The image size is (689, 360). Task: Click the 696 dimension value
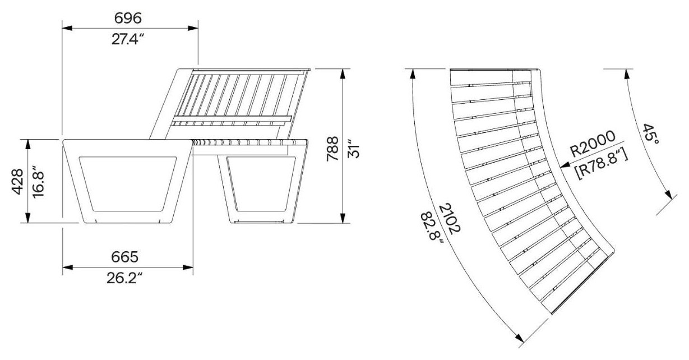[x=128, y=18]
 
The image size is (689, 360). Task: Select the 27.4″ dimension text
[x=128, y=39]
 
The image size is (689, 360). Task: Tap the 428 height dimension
[x=17, y=182]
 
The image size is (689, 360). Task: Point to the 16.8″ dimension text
[x=39, y=183]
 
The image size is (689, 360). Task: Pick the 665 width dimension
[x=124, y=257]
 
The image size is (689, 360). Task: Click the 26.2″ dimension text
[x=124, y=278]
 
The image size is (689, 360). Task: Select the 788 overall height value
[x=332, y=149]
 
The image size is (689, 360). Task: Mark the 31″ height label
[x=353, y=149]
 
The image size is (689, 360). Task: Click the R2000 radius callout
[x=593, y=144]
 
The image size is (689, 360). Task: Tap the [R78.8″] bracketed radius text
[x=602, y=164]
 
